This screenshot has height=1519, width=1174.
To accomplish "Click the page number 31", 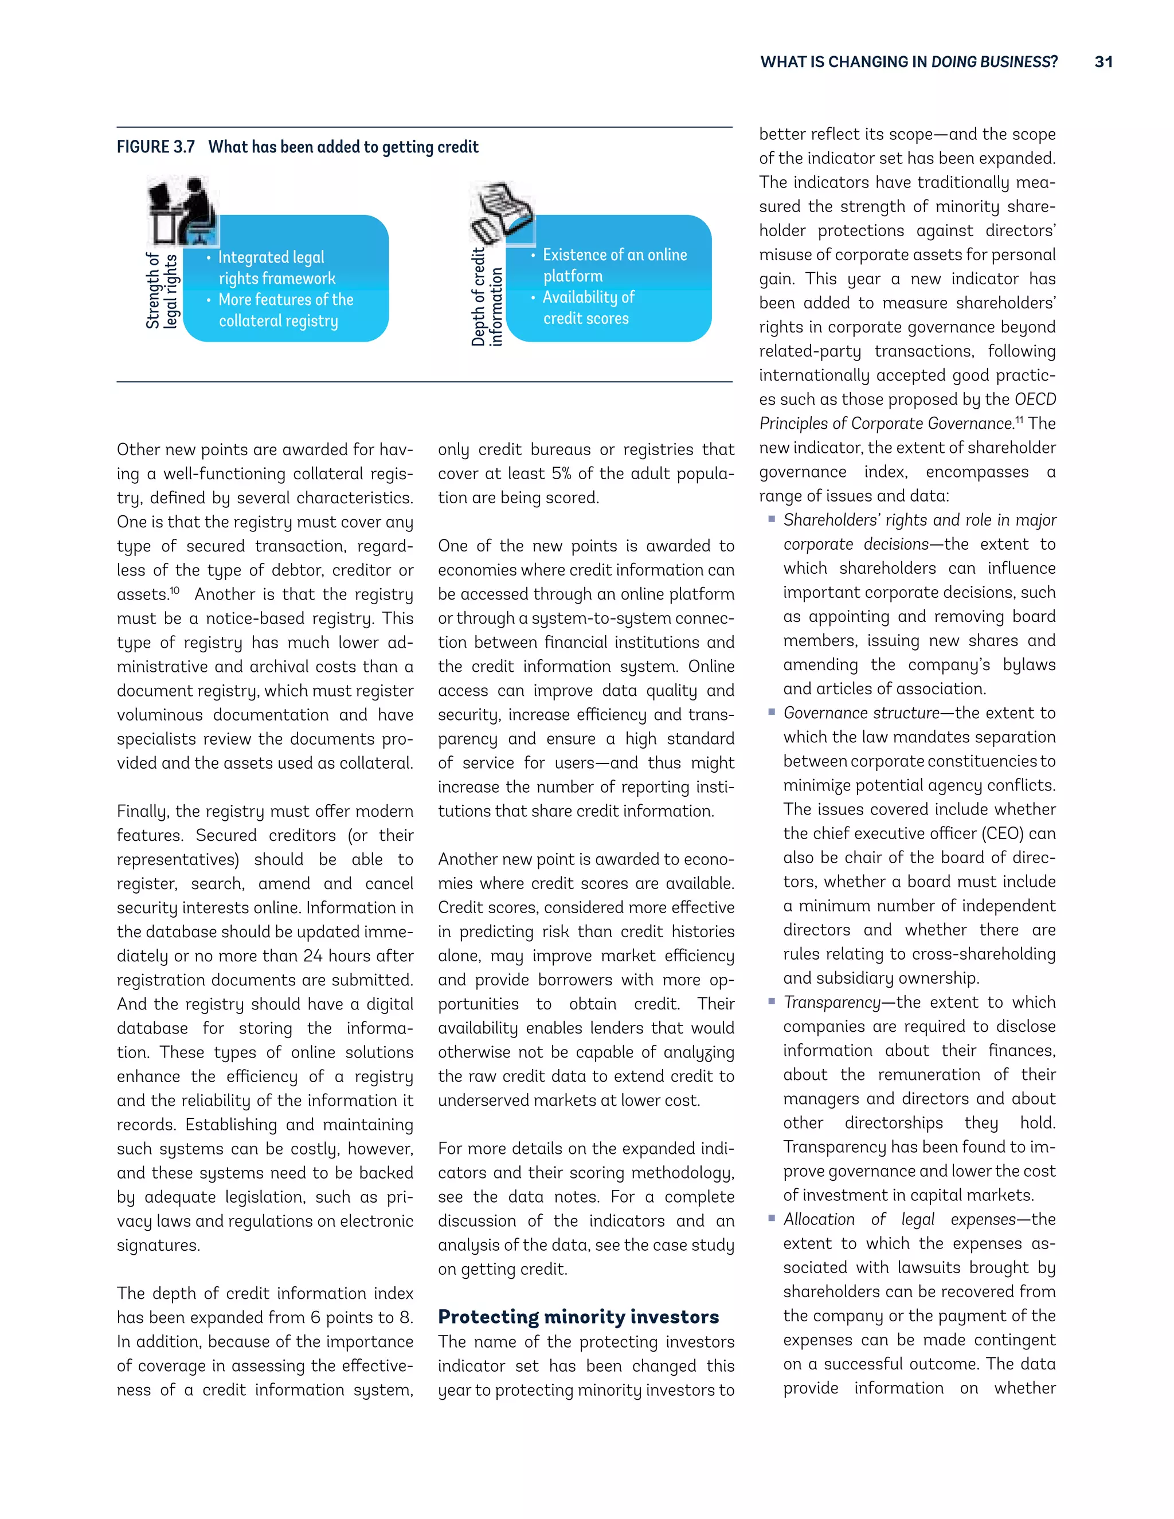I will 1103,62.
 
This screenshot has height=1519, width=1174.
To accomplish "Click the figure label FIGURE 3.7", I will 156,147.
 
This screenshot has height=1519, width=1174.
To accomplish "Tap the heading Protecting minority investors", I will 578,1317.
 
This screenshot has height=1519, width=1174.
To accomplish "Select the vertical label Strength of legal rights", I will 163,290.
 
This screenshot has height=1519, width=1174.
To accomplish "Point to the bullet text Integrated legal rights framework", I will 276,268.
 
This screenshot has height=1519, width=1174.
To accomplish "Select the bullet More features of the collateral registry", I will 285,310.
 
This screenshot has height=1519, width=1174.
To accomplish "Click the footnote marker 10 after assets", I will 175,590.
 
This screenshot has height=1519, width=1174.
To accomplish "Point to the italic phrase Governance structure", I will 861,713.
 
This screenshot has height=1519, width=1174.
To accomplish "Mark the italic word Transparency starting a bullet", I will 832,1002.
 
